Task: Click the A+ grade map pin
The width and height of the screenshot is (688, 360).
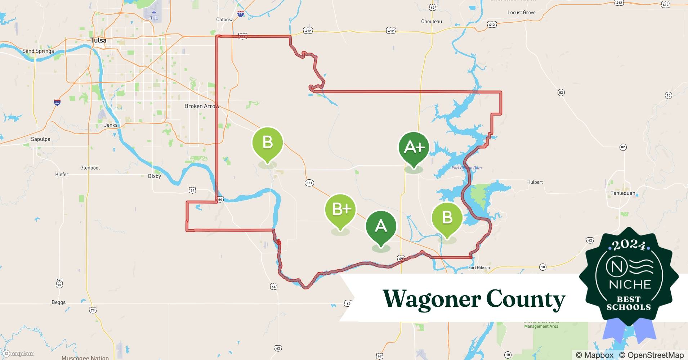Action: (x=414, y=148)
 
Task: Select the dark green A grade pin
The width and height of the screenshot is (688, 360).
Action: (x=381, y=226)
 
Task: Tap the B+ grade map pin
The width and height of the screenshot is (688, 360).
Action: (x=340, y=210)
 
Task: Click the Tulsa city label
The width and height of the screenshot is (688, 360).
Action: (x=98, y=40)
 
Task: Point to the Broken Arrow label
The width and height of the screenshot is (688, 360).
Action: (x=201, y=106)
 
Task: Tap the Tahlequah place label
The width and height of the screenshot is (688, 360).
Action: (x=622, y=193)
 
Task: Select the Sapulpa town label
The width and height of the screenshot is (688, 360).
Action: (x=41, y=139)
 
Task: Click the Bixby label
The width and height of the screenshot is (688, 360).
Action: (x=155, y=176)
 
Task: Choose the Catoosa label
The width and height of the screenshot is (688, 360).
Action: (x=225, y=19)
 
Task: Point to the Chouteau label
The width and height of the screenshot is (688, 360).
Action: (x=431, y=21)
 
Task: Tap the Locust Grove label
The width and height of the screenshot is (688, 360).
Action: (x=521, y=12)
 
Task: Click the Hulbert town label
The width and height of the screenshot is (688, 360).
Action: (x=535, y=182)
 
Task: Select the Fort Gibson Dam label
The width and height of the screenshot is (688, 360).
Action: (x=466, y=168)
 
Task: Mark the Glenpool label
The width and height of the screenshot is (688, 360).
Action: (x=90, y=168)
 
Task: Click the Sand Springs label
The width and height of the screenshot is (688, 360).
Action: (x=38, y=51)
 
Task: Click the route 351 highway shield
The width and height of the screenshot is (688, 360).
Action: (x=309, y=183)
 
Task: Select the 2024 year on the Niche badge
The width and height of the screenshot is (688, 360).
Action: (x=629, y=246)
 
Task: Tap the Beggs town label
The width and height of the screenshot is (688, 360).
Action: (x=58, y=302)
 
